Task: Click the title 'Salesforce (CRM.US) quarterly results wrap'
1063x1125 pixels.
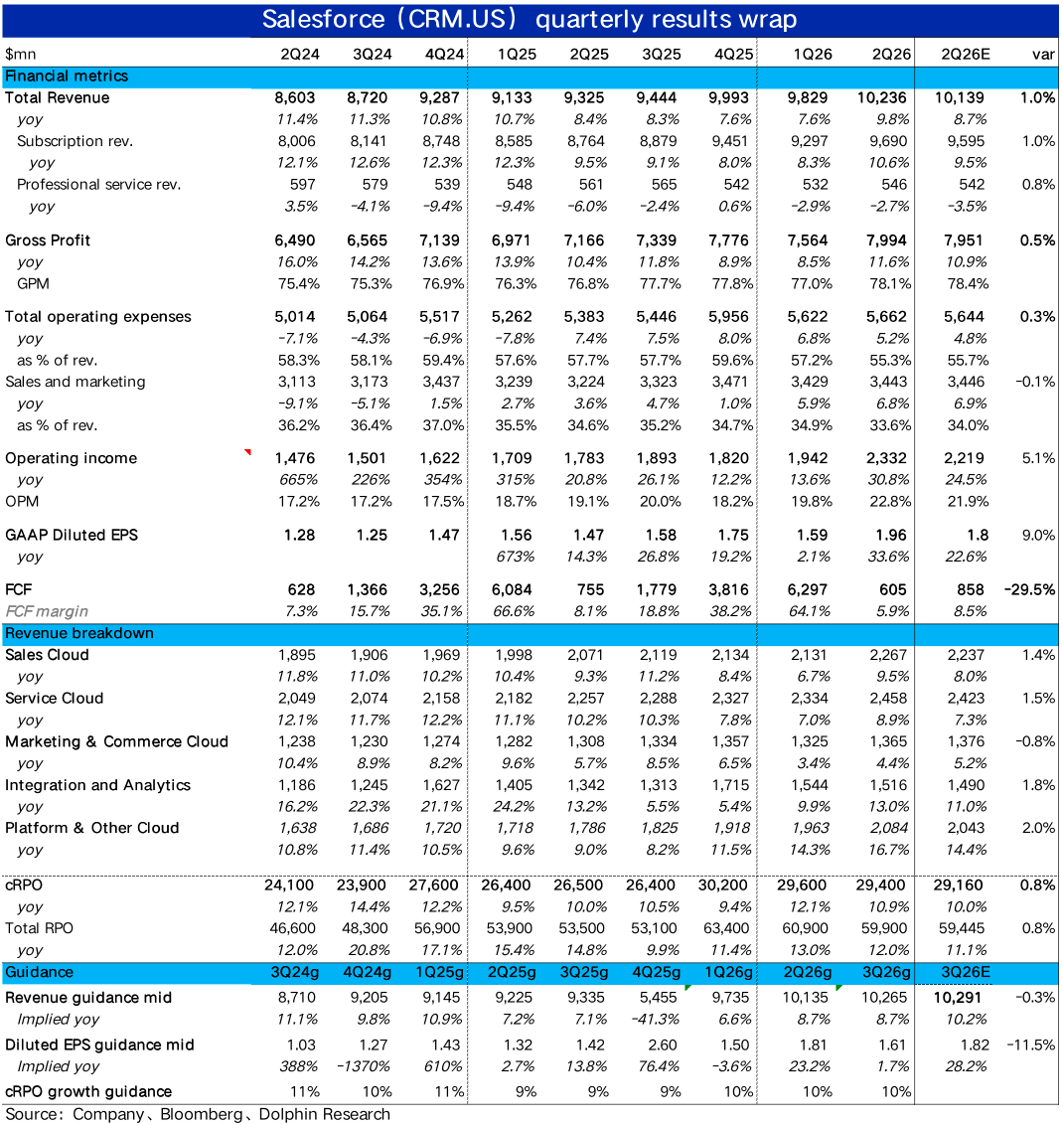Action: coord(530,20)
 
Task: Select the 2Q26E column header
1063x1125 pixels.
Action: coord(965,54)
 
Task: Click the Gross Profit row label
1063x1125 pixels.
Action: coord(47,241)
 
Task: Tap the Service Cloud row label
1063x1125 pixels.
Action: coord(54,698)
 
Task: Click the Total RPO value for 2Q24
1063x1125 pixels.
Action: coord(295,928)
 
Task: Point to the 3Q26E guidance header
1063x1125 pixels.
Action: coord(965,972)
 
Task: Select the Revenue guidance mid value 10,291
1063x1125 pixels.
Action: coord(962,998)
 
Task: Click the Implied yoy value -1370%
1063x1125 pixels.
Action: coord(367,1066)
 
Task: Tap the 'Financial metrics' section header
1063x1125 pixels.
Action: coord(67,76)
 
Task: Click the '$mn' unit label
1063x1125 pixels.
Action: coord(21,54)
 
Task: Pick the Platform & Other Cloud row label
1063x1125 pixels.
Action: coord(92,828)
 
